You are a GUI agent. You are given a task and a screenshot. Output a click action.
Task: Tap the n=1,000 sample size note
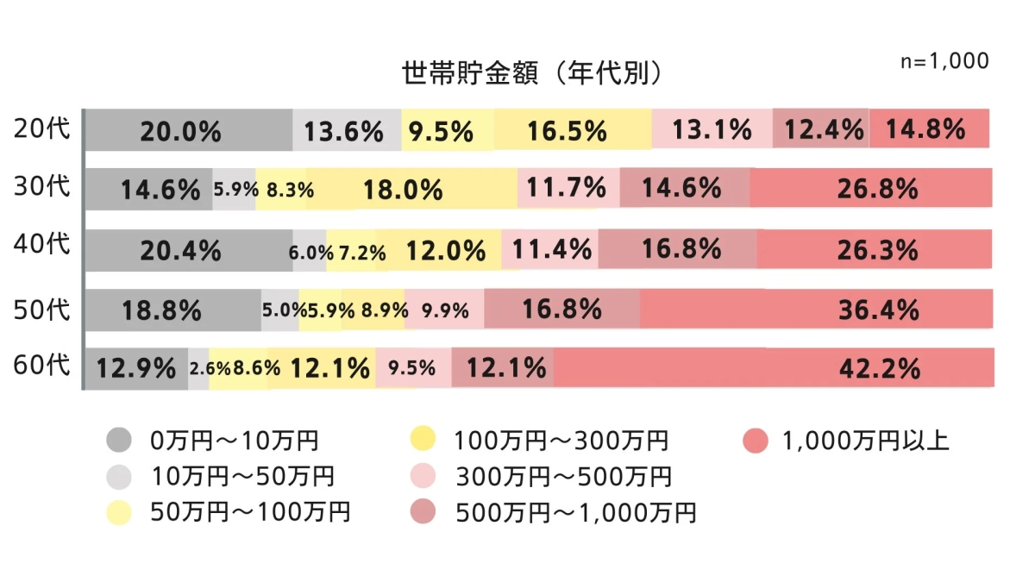944,62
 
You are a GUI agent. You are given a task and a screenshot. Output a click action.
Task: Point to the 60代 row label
41,366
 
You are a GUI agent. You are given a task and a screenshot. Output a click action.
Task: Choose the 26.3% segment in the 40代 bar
875,250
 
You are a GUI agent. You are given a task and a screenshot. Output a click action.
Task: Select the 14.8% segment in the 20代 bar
928,129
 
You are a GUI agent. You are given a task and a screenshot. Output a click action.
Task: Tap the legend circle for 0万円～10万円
120,441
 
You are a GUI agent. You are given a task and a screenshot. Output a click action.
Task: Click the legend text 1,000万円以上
865,441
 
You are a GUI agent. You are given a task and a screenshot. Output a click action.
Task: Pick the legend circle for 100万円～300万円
423,441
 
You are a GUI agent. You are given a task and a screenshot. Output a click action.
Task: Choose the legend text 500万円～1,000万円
574,513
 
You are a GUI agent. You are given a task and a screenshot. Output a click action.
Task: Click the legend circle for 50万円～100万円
120,513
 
